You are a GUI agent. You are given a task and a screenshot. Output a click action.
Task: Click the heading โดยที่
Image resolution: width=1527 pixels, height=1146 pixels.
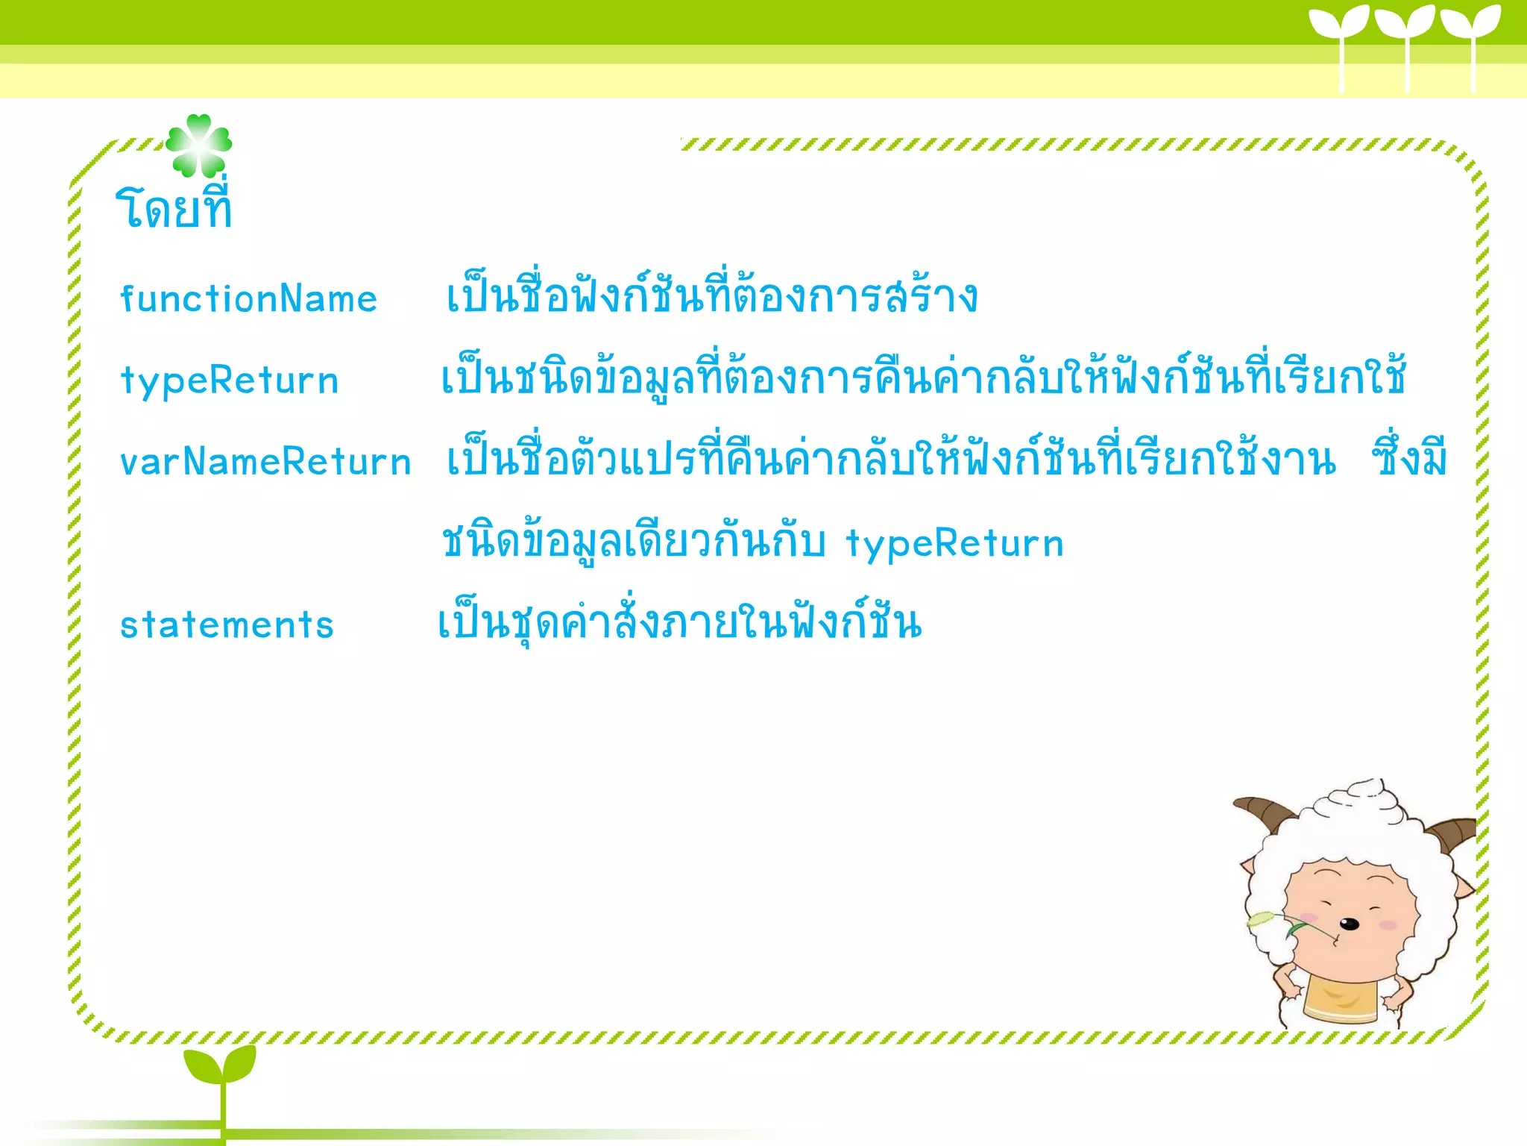click(174, 208)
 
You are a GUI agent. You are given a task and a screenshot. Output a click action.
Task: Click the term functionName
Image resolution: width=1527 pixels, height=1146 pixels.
click(248, 299)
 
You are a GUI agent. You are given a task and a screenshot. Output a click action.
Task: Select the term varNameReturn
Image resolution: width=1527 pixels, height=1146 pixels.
click(265, 462)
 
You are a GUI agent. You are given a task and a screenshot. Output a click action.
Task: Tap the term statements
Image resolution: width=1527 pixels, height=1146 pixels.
click(227, 625)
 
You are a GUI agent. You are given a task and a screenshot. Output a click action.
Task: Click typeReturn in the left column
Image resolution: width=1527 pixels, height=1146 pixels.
click(230, 381)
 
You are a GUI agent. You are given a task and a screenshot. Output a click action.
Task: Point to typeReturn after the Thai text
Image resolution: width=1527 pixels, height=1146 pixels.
click(954, 543)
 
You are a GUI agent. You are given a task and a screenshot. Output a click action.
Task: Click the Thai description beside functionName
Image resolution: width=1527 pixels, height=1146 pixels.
click(711, 297)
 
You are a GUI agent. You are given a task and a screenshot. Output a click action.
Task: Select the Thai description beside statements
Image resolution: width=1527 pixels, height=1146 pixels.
click(679, 624)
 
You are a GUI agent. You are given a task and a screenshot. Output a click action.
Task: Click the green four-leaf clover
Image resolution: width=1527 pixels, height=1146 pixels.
click(198, 145)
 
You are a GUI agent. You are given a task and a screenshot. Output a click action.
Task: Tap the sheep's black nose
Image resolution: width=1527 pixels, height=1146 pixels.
click(1350, 924)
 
